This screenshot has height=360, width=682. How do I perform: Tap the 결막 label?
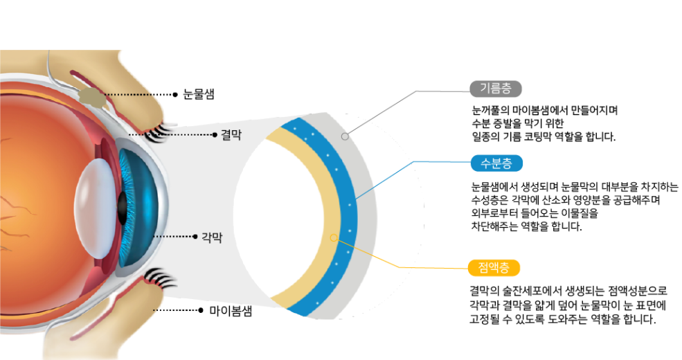click(x=231, y=135)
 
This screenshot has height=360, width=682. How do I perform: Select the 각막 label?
click(x=211, y=237)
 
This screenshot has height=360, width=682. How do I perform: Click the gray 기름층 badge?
click(x=495, y=88)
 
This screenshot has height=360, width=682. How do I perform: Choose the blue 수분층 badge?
click(x=495, y=163)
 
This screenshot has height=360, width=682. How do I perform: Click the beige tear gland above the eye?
click(x=92, y=98)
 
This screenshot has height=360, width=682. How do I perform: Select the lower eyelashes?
click(x=159, y=278)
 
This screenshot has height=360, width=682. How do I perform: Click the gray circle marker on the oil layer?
click(x=345, y=137)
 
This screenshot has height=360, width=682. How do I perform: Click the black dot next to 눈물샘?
click(x=175, y=94)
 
